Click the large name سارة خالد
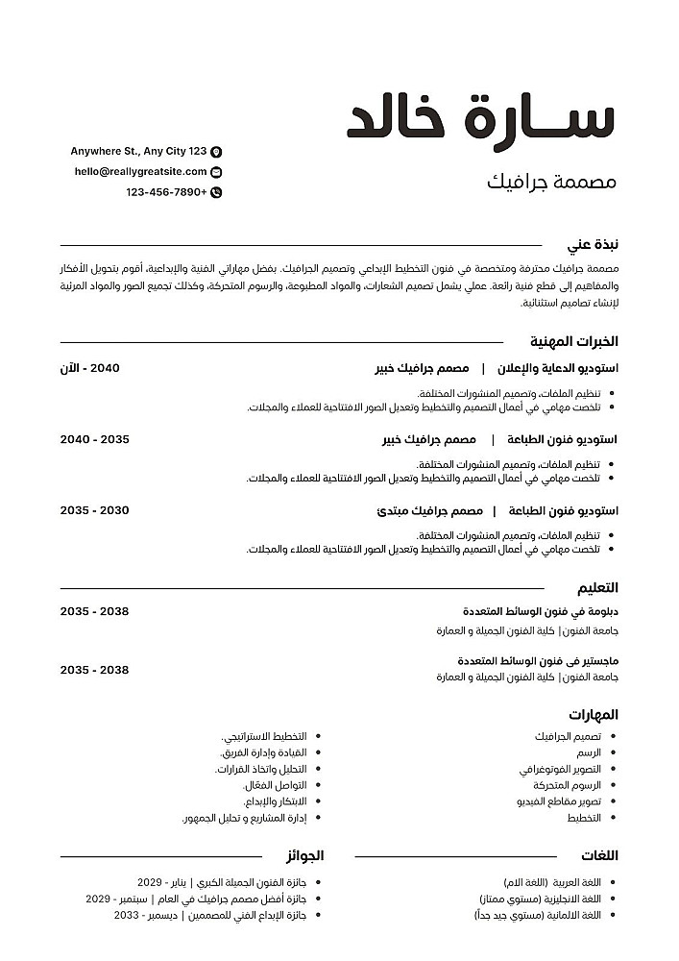480,119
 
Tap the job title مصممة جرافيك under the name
552,181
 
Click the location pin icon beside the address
216,152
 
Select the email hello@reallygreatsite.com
140,172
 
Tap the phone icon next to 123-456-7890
216,192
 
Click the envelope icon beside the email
216,172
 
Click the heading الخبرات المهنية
573,341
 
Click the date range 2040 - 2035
94,439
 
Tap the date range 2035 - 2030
94,510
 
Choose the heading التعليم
596,588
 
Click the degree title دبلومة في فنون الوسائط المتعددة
540,611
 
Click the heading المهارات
593,715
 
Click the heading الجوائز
304,855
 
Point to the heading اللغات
600,855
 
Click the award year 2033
127,916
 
